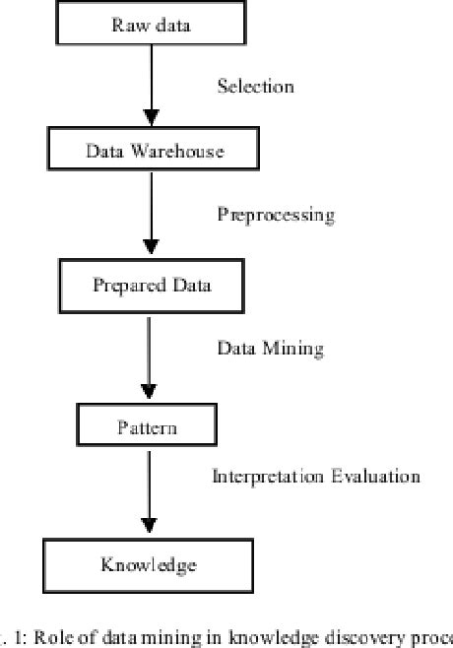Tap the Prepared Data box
point(151,286)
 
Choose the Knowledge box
point(149,564)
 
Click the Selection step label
point(255,87)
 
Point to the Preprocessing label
point(276,215)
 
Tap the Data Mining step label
point(270,348)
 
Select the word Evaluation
point(378,477)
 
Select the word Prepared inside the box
point(127,286)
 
